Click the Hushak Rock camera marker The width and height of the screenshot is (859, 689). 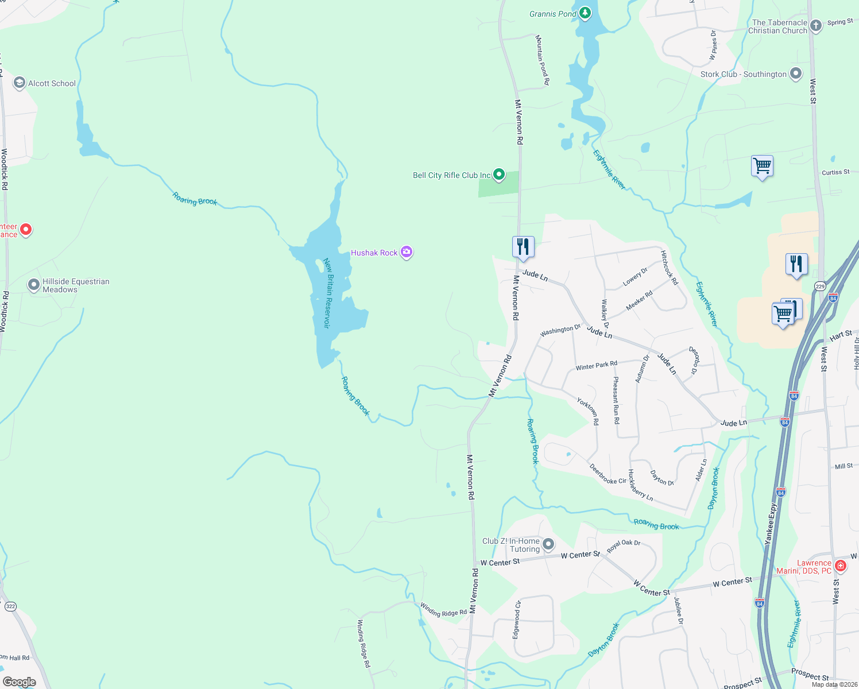click(x=407, y=252)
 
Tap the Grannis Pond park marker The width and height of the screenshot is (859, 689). click(x=585, y=13)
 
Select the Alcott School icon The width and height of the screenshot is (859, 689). click(x=20, y=83)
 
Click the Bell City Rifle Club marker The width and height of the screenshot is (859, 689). click(x=499, y=174)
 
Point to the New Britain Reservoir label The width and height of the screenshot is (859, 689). click(x=327, y=293)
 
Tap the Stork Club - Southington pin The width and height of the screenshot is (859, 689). click(x=796, y=73)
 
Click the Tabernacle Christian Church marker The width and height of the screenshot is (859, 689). click(x=815, y=26)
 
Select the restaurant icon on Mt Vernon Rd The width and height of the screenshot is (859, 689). click(x=523, y=247)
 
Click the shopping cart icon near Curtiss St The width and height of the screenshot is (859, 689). click(x=762, y=166)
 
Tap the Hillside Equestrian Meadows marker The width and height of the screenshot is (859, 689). click(x=34, y=284)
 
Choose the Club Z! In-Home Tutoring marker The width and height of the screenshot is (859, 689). click(x=548, y=544)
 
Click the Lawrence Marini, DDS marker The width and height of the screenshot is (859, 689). click(x=841, y=566)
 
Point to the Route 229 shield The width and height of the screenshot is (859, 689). click(x=820, y=286)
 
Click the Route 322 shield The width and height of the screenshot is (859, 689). click(x=10, y=606)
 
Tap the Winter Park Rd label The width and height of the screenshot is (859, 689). click(x=597, y=366)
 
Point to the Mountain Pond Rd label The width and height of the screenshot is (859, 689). click(x=543, y=60)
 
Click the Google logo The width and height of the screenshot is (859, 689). click(x=20, y=682)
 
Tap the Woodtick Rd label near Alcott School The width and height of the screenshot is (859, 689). click(x=4, y=169)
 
